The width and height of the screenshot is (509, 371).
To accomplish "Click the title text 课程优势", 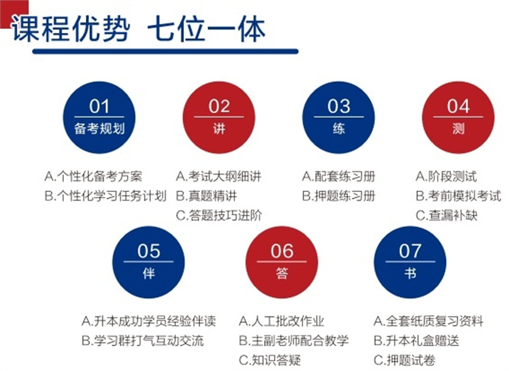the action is coord(71,29).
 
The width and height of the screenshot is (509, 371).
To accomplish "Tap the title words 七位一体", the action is coord(207,29).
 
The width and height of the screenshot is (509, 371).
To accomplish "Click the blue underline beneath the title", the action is coord(165,52).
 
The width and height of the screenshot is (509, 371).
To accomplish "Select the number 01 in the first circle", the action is coord(99,106).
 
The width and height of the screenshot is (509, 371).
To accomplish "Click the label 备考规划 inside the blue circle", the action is coord(99,129).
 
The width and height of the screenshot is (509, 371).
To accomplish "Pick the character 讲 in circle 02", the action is coord(219,129).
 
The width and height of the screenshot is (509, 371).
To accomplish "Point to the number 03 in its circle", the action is coord(339,106).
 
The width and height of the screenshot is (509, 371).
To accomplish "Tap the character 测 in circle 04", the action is coord(458,129).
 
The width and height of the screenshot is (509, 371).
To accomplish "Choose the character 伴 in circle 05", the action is coord(149,273).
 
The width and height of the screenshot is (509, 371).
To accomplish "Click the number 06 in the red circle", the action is coord(282,251).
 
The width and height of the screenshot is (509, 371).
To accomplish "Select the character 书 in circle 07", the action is coord(410,273).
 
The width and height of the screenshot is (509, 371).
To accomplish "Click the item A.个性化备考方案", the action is coord(93,177).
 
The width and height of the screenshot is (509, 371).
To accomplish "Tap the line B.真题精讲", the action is coord(207,196).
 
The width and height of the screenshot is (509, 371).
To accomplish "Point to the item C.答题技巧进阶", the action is coord(219,215).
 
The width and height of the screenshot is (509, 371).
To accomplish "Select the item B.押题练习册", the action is coord(339,196).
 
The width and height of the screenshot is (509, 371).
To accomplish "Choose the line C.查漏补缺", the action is coord(447,215).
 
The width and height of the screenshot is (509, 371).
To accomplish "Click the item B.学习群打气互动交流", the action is coord(143,341).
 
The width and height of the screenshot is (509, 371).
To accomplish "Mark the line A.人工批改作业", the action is coord(282,321).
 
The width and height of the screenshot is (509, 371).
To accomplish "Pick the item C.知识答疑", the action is coord(270,360).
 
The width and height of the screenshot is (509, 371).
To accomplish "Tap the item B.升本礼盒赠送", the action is coord(417,341).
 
